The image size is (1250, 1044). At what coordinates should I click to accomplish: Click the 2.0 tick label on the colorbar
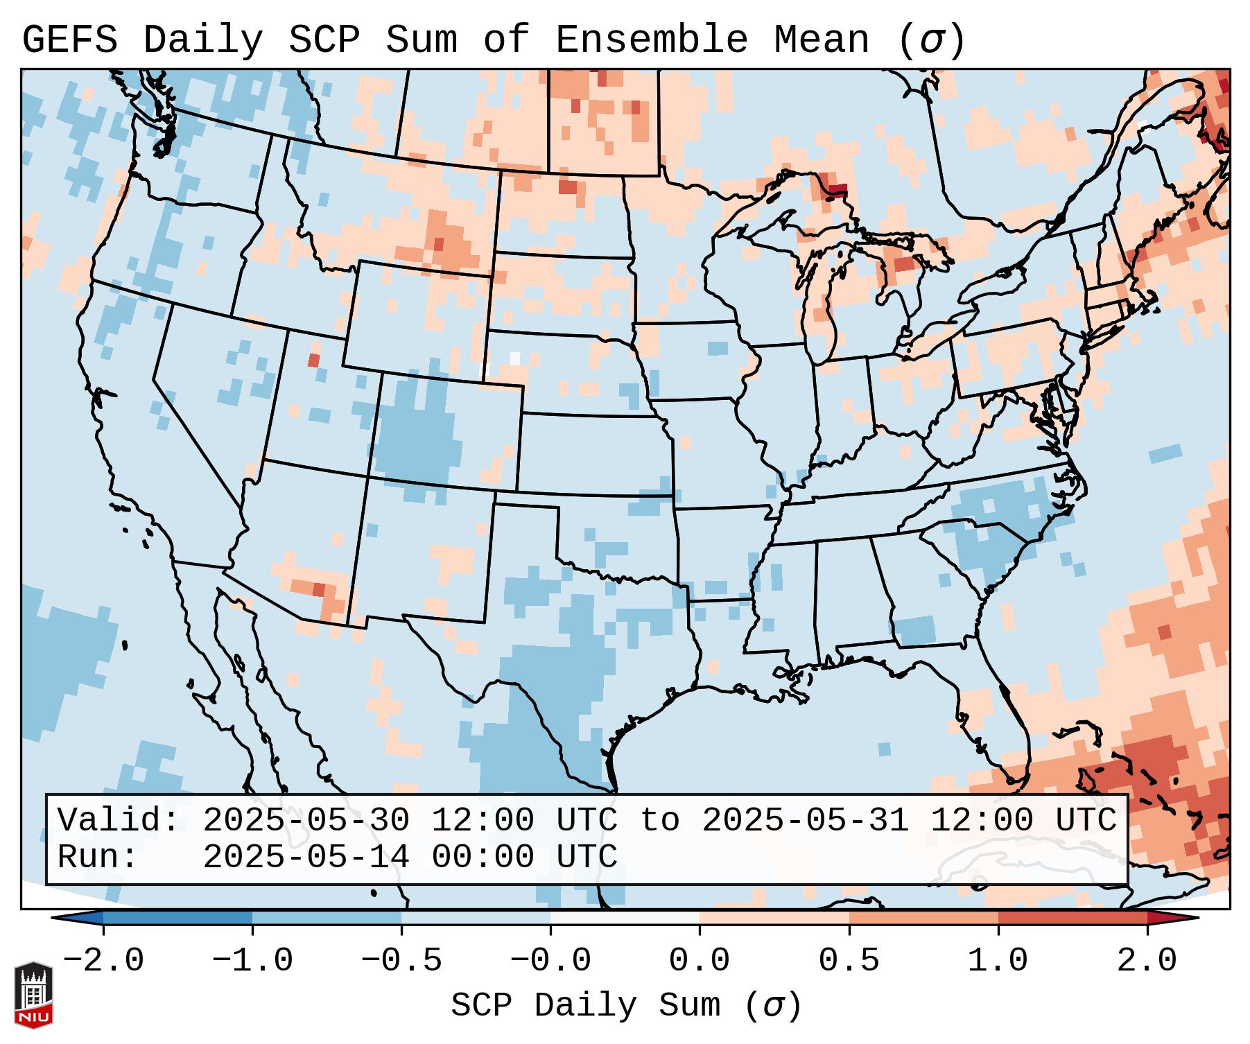(x=1147, y=961)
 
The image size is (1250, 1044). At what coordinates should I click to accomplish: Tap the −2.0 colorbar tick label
(x=103, y=961)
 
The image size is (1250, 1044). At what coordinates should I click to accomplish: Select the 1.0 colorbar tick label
(x=998, y=961)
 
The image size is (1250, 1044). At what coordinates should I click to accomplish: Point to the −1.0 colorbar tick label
(x=252, y=961)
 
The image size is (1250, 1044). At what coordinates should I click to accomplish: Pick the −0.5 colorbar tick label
(x=401, y=961)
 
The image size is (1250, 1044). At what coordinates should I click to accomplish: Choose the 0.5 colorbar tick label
(x=849, y=961)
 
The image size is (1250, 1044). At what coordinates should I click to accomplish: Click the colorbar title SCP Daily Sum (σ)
(x=626, y=1006)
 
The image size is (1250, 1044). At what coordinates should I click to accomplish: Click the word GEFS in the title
(x=69, y=40)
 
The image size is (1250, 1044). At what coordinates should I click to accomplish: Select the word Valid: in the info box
(x=119, y=821)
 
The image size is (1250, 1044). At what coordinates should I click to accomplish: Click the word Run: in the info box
(x=98, y=858)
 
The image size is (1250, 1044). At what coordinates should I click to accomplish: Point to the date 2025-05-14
(x=306, y=858)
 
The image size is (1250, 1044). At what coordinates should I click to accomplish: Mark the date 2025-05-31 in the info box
(x=805, y=821)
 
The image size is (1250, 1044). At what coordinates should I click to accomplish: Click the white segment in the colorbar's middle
(x=625, y=918)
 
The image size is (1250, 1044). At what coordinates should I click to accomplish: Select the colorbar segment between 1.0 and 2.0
(x=1073, y=918)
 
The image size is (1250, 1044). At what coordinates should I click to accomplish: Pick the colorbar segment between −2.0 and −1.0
(x=177, y=918)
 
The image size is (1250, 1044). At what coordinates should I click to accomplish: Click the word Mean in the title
(x=822, y=40)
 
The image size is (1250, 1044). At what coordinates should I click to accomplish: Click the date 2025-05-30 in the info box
(x=306, y=821)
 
